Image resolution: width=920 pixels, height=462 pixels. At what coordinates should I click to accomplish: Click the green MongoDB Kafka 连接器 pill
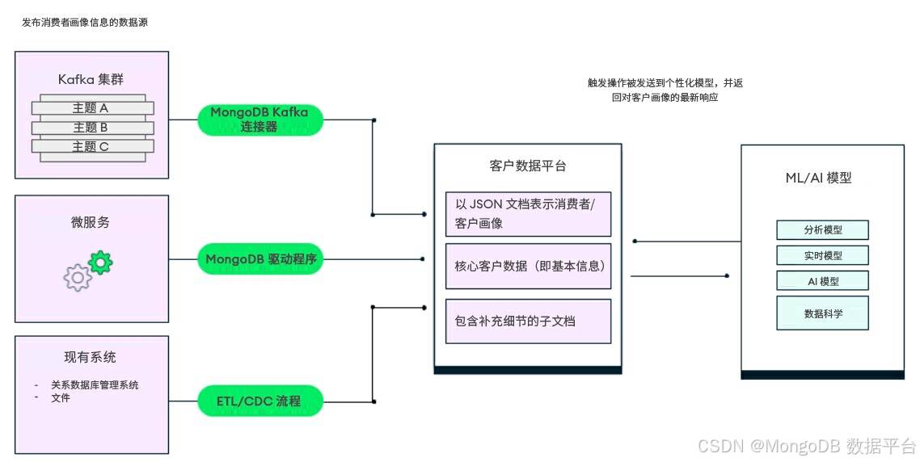pos(260,119)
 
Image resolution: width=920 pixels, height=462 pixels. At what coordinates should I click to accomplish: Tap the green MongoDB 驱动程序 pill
pos(260,258)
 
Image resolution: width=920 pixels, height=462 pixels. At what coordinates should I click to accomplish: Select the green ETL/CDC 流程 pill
pos(260,401)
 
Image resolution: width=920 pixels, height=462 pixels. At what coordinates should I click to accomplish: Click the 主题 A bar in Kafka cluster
pos(93,108)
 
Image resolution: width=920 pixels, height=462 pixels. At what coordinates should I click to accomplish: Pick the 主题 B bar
pos(93,128)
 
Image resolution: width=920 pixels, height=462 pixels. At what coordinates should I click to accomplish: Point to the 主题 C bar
pos(93,146)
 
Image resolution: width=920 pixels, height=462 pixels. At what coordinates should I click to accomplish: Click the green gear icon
pos(100,262)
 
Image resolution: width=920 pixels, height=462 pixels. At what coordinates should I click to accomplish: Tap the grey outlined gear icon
pos(78,277)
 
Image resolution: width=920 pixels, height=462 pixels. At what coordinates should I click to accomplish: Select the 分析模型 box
pos(822,230)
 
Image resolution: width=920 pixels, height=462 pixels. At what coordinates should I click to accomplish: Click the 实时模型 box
pos(822,255)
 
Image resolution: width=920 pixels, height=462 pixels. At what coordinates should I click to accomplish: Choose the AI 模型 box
pos(822,281)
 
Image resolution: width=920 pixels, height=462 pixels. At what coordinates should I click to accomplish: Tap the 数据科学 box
pos(822,313)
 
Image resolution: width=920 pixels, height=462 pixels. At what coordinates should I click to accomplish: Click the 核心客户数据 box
pos(528,267)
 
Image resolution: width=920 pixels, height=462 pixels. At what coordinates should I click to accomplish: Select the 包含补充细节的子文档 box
pos(528,321)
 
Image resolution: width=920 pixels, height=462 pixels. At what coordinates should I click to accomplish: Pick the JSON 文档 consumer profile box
pos(528,213)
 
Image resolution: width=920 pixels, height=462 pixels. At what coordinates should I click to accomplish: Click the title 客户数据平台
pos(527,166)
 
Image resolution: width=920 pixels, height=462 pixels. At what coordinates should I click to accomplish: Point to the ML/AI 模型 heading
pos(818,178)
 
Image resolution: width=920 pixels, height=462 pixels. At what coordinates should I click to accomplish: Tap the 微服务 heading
pos(91,222)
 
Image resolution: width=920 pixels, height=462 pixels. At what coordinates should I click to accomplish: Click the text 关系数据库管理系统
pos(95,385)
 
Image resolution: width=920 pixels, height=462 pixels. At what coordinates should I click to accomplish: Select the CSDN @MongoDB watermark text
pos(807,446)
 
